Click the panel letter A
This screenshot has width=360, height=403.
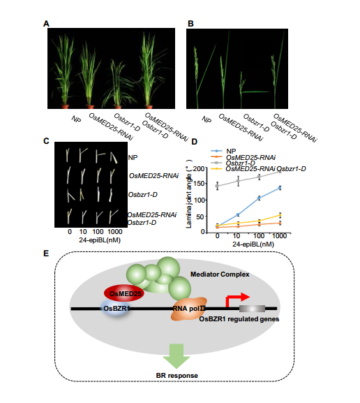(x=46, y=24)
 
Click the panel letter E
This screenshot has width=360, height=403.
(x=46, y=254)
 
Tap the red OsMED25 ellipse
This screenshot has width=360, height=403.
(x=124, y=293)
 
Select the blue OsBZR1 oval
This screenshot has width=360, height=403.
(x=117, y=309)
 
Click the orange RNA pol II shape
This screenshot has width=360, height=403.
(x=189, y=309)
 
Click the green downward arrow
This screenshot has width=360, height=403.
(x=177, y=356)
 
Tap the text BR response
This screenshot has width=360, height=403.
(x=177, y=376)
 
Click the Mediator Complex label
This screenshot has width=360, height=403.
(x=220, y=274)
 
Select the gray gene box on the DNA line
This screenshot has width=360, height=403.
(x=252, y=309)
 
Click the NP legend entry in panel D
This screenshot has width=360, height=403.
(x=223, y=152)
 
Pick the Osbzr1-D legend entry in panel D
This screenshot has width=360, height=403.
(x=233, y=163)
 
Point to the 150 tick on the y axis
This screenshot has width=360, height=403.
(x=200, y=184)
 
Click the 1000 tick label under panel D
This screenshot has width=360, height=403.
(x=279, y=236)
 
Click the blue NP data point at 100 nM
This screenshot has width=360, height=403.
(x=260, y=198)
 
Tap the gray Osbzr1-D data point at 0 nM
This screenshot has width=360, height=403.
(x=217, y=186)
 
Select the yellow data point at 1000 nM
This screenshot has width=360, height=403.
(x=280, y=215)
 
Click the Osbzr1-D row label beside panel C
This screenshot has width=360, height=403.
(x=143, y=195)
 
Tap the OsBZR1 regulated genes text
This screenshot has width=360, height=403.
(x=239, y=319)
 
